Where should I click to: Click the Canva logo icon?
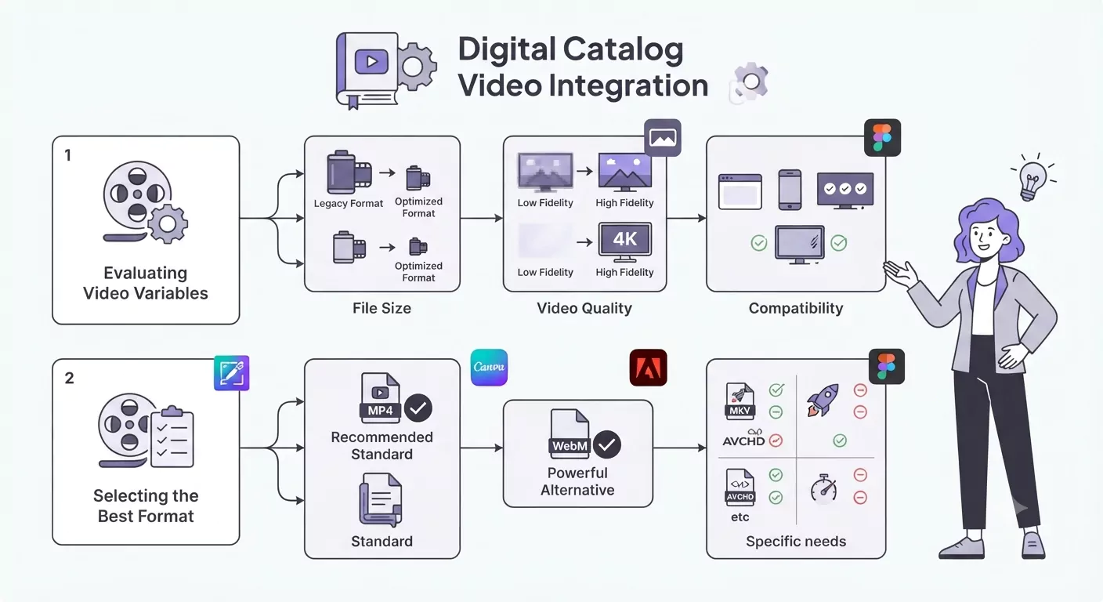pyautogui.click(x=489, y=368)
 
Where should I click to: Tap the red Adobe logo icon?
pyautogui.click(x=648, y=368)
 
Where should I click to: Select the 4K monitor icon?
pyautogui.click(x=625, y=243)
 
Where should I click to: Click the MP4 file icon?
pyautogui.click(x=380, y=398)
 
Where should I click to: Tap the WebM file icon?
pyautogui.click(x=570, y=434)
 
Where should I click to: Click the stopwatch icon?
pyautogui.click(x=824, y=488)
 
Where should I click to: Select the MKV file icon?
pyautogui.click(x=740, y=401)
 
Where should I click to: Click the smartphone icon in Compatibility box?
pyautogui.click(x=790, y=190)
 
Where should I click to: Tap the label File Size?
pyautogui.click(x=382, y=308)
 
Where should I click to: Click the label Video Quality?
pyautogui.click(x=584, y=308)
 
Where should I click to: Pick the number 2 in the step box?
pyautogui.click(x=70, y=379)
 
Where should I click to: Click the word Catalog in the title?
pyautogui.click(x=623, y=49)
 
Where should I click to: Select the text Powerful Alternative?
pyautogui.click(x=577, y=481)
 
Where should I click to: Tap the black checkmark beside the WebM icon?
pyautogui.click(x=606, y=445)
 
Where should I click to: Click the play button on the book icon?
pyautogui.click(x=372, y=62)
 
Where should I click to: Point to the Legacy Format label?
pyautogui.click(x=348, y=204)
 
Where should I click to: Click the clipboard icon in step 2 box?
pyautogui.click(x=172, y=437)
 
